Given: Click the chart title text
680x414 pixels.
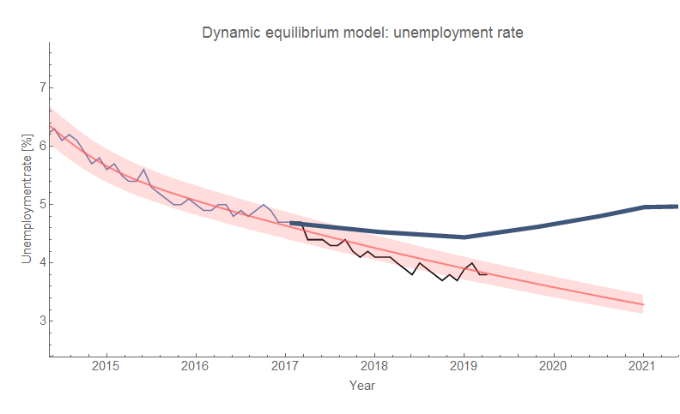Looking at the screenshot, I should point(362,34).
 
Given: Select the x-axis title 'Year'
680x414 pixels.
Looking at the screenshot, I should point(361,386).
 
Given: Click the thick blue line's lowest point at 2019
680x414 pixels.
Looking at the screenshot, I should point(464,237).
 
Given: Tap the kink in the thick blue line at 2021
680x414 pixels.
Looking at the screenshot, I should point(643,207).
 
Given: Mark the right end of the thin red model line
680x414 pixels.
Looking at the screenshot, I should point(643,304).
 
